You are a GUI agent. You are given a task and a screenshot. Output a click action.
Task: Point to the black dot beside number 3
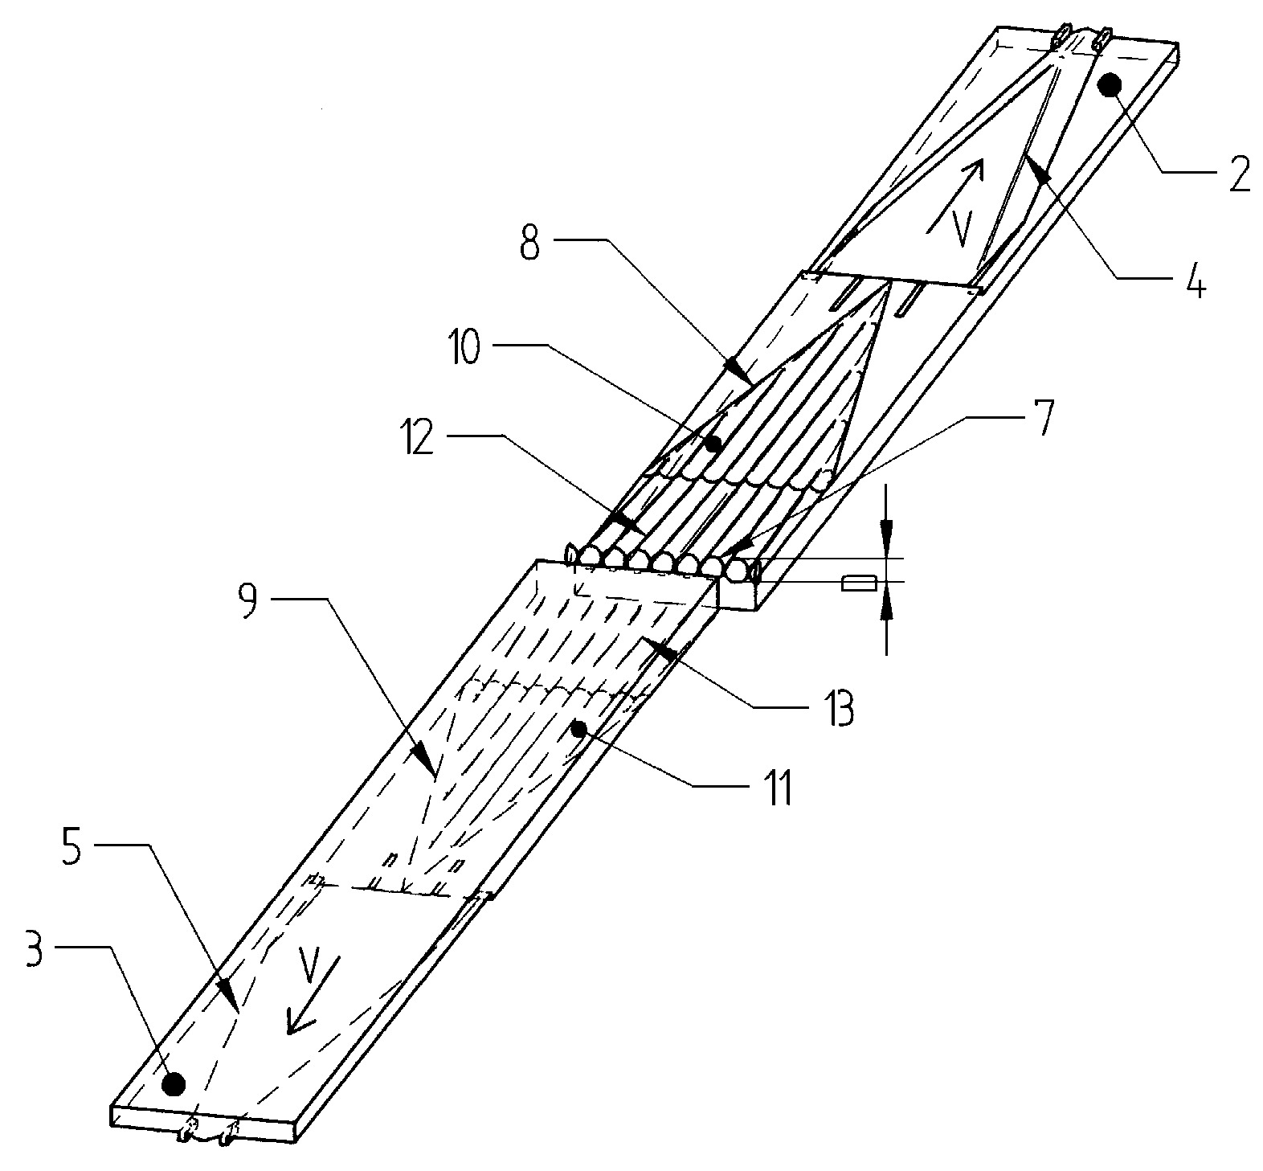[x=173, y=1084]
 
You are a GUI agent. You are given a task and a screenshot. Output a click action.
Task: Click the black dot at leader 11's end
[x=578, y=728]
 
